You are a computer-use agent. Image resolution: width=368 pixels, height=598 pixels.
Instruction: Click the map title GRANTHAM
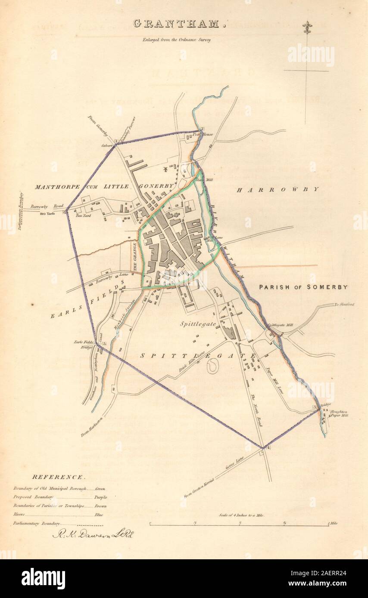[x=179, y=24]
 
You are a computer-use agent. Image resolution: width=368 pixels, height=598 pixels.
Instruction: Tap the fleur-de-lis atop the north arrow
[x=307, y=28]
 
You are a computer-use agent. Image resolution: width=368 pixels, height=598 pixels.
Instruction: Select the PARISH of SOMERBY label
[x=303, y=287]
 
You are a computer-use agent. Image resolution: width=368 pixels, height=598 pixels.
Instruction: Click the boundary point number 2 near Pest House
[x=201, y=128]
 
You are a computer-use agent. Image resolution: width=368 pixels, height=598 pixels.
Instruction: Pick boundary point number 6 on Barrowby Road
[x=65, y=212]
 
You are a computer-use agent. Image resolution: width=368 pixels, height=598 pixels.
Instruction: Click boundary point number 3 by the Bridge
[x=315, y=407]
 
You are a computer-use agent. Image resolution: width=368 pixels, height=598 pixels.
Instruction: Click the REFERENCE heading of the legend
[x=58, y=477]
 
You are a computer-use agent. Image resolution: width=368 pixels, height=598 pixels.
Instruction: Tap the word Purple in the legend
[x=101, y=497]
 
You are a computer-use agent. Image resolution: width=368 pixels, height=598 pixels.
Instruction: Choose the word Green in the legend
[x=100, y=489]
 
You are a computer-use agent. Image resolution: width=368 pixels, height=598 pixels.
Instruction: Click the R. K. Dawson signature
[x=93, y=534]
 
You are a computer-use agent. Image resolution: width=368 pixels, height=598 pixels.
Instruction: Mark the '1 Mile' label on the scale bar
[x=333, y=523]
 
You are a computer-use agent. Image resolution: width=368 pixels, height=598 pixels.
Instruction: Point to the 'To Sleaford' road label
[x=344, y=305]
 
